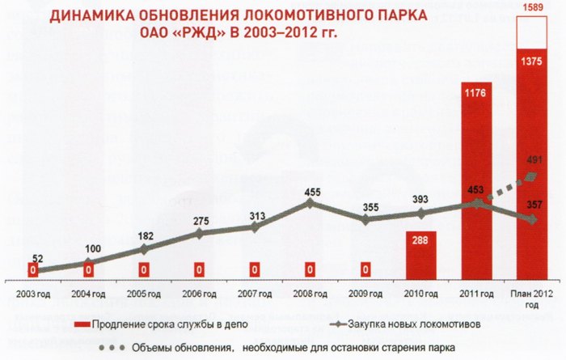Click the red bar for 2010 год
tap(420, 253)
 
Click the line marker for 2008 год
tap(311, 202)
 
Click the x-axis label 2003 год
tap(32, 290)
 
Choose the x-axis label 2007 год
tap(255, 290)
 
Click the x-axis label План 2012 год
tap(532, 294)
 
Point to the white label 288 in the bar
tap(420, 240)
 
